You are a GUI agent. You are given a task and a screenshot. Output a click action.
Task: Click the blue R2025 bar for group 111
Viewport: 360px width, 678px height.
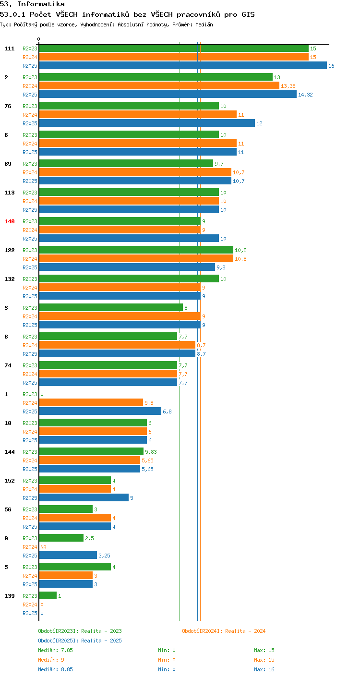click(183, 66)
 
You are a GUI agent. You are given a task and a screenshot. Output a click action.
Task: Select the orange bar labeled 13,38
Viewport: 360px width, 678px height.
click(159, 86)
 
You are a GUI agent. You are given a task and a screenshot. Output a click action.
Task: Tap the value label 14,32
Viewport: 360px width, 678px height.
click(305, 95)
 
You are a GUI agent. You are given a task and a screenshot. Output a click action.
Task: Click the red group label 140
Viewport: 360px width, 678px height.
click(10, 221)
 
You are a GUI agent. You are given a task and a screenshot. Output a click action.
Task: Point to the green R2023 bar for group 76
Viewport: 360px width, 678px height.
click(129, 106)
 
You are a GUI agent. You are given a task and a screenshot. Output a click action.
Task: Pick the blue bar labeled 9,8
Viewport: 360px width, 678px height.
click(127, 267)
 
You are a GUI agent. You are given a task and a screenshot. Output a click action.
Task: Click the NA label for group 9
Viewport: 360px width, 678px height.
click(43, 547)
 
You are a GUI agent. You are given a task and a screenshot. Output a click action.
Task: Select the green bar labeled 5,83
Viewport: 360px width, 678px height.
click(91, 451)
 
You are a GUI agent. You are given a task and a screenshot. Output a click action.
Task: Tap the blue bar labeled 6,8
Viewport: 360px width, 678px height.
click(100, 412)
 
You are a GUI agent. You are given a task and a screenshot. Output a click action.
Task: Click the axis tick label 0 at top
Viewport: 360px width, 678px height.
click(39, 39)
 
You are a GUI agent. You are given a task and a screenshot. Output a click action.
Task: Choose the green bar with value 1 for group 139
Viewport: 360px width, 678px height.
click(48, 596)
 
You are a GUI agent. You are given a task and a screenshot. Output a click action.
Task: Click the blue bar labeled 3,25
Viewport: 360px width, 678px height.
click(68, 556)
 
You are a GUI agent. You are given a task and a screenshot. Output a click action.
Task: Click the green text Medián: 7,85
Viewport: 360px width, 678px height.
click(55, 650)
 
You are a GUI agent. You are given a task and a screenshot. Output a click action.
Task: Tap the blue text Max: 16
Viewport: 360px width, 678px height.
click(264, 669)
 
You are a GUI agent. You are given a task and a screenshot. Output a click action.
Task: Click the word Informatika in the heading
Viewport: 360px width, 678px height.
click(41, 4)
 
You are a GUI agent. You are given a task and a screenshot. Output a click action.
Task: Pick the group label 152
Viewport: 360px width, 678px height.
click(10, 481)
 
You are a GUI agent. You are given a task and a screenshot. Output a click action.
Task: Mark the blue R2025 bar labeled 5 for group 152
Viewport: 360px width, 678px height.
click(84, 498)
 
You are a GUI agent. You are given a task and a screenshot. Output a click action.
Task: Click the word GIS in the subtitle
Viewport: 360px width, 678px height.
click(248, 14)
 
